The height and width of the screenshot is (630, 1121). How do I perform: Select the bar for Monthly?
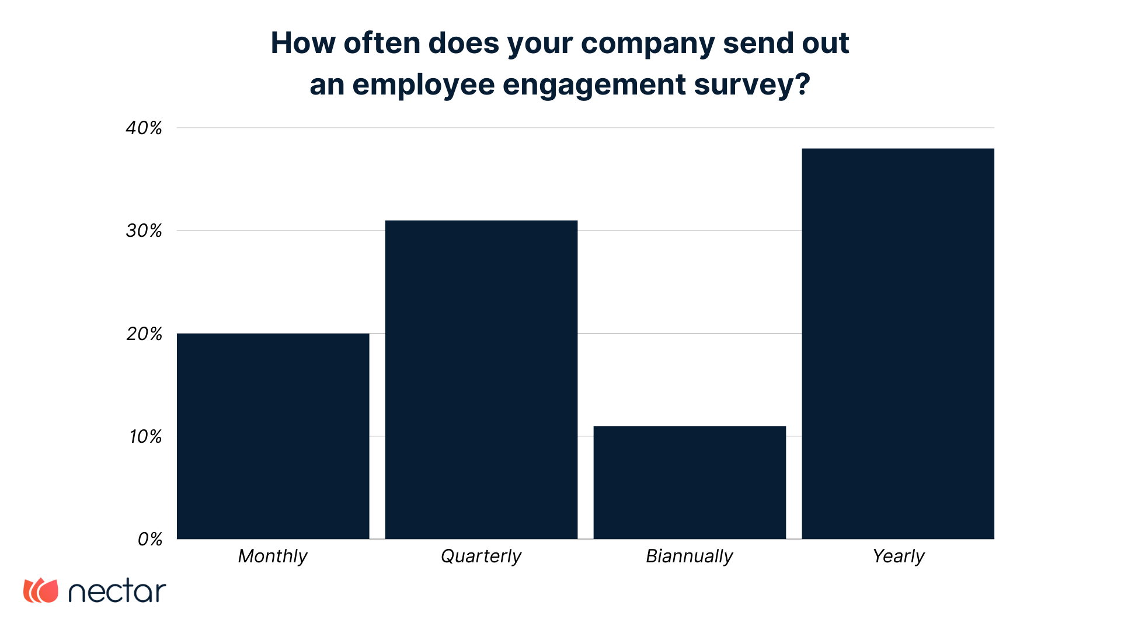(x=273, y=436)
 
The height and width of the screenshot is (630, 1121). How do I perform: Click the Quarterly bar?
(x=481, y=379)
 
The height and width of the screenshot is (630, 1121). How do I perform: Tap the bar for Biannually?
(x=690, y=482)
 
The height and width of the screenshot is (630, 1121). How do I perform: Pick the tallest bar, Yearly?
(x=898, y=344)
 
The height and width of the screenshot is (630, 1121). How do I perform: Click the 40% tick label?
(x=144, y=128)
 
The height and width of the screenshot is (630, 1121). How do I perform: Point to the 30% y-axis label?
(x=144, y=231)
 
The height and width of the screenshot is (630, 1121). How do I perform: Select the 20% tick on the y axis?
(x=144, y=334)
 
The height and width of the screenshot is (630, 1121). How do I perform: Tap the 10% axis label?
(x=145, y=437)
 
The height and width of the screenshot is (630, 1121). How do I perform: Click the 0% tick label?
(x=150, y=540)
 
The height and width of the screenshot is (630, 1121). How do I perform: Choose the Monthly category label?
(x=273, y=556)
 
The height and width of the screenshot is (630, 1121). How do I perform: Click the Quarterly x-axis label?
(x=481, y=556)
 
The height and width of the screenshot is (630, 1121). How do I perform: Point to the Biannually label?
(x=690, y=556)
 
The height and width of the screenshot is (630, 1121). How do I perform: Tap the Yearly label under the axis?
(x=899, y=556)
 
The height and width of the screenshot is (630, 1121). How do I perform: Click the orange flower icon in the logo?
(x=41, y=590)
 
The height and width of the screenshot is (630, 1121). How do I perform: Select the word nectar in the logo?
(x=117, y=591)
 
